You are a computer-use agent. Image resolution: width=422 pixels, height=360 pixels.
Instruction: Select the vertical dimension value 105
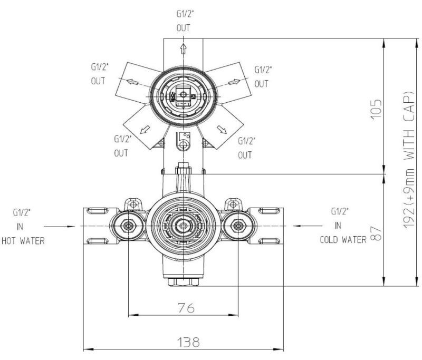[x=376, y=109]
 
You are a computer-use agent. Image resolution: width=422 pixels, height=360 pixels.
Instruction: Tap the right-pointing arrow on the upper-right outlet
[x=234, y=82]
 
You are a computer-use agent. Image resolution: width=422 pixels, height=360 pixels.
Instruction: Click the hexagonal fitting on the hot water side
[x=127, y=226]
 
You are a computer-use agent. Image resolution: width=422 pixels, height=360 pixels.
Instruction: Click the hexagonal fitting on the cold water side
[x=238, y=226]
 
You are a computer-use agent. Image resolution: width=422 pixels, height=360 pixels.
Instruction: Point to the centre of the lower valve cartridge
[x=183, y=226]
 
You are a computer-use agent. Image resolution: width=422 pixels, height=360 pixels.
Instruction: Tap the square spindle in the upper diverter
[x=183, y=95]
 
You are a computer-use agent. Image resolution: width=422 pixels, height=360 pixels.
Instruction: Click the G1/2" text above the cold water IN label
[x=340, y=211]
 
